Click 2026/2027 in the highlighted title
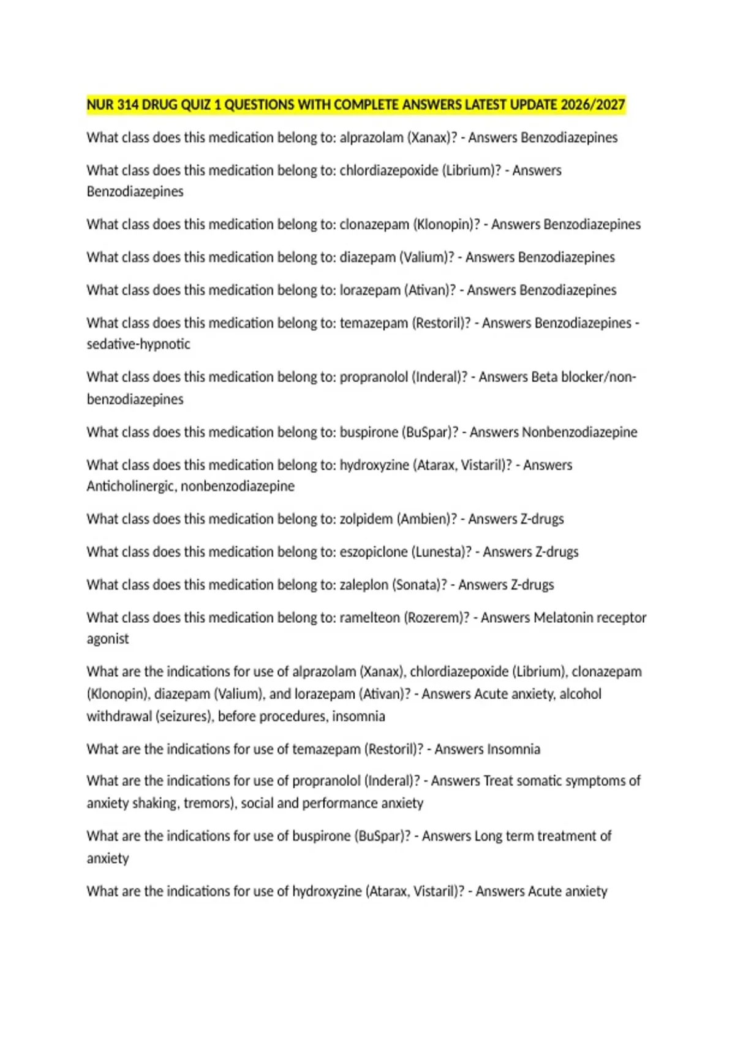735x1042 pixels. [593, 105]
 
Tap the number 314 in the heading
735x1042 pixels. [127, 105]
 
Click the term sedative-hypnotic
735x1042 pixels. [138, 344]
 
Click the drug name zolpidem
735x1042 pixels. [366, 519]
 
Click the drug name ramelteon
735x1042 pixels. [369, 618]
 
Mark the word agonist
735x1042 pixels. [108, 639]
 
